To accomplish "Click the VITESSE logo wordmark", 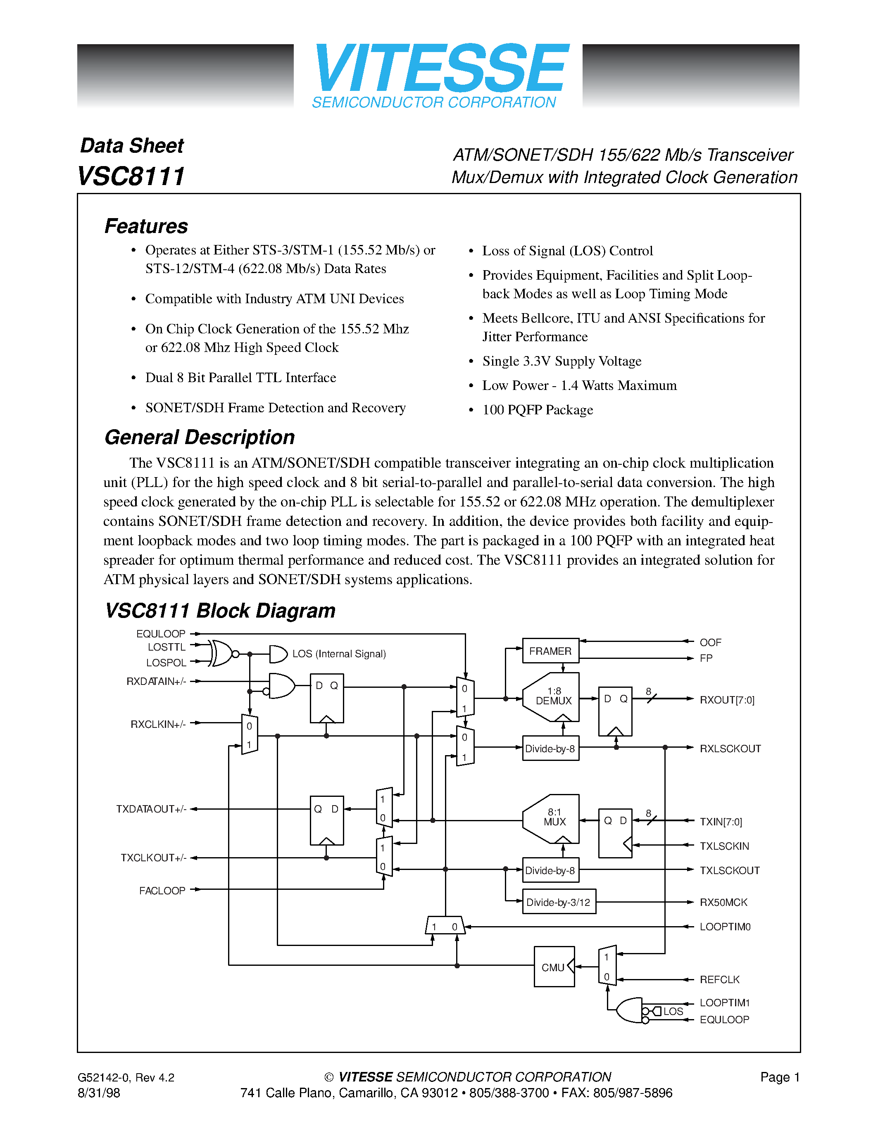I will pyautogui.click(x=441, y=69).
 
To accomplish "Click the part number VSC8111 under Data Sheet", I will pyautogui.click(x=131, y=176).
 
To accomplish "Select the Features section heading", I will pyautogui.click(x=146, y=226).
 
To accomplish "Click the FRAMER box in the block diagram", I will pyautogui.click(x=550, y=651).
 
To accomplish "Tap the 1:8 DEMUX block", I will pyautogui.click(x=553, y=696).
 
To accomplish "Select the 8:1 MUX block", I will pyautogui.click(x=554, y=818).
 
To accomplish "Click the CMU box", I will pyautogui.click(x=553, y=967).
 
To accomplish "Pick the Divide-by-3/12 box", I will pyautogui.click(x=559, y=902).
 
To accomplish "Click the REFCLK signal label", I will pyautogui.click(x=719, y=979).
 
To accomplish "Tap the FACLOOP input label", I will pyautogui.click(x=162, y=891).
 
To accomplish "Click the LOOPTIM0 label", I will pyautogui.click(x=725, y=927).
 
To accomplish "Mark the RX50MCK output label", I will pyautogui.click(x=723, y=902).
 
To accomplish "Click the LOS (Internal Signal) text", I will pyautogui.click(x=339, y=654).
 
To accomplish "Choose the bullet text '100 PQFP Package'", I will pyautogui.click(x=537, y=410).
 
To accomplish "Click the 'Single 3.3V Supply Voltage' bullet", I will pyautogui.click(x=562, y=361).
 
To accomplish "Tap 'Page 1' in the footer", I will pyautogui.click(x=779, y=1077).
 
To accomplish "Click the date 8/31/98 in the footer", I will pyautogui.click(x=99, y=1093).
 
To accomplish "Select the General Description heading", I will pyautogui.click(x=200, y=437).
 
